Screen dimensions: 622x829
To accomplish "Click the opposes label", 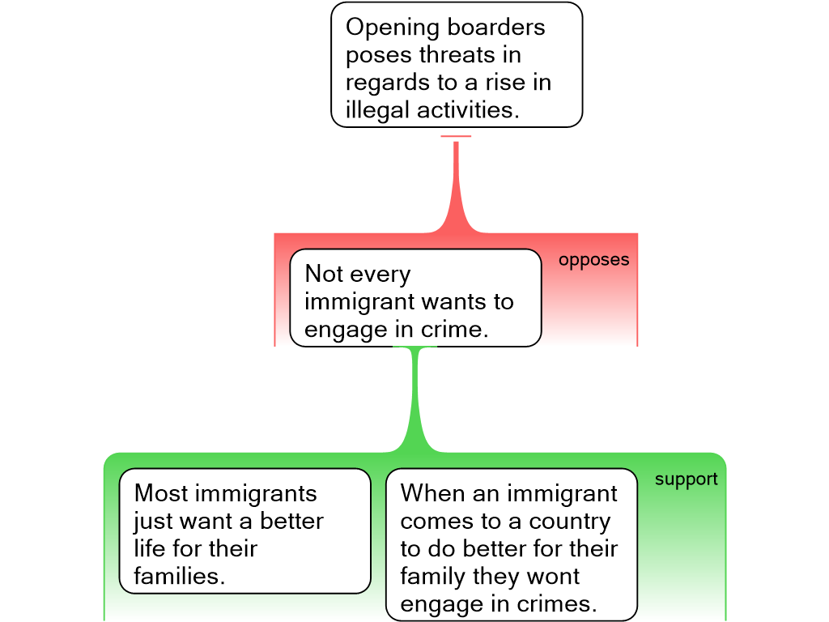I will pos(593,261).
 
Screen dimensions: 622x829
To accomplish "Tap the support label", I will pos(686,479).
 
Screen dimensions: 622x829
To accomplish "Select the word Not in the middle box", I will pos(325,275).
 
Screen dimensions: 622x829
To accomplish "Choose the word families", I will pos(178,576).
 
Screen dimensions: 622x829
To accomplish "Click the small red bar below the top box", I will pos(456,136).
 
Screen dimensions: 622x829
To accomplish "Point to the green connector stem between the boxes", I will pos(417,397).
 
